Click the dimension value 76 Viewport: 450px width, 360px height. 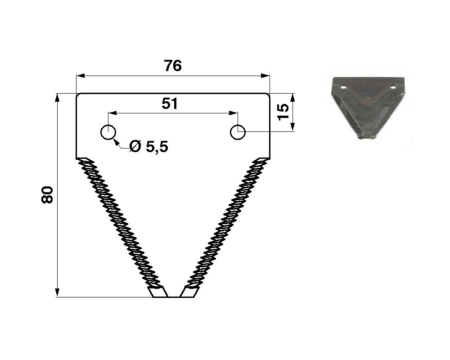click(173, 66)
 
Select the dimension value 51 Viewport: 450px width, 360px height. click(170, 103)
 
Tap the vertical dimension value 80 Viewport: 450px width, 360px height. click(48, 195)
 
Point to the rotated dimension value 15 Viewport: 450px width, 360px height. click(283, 112)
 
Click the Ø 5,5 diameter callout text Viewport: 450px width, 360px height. click(148, 147)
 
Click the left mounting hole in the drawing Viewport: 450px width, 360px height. click(108, 132)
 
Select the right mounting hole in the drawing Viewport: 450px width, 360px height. click(238, 132)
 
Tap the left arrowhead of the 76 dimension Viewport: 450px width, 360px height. click(81, 76)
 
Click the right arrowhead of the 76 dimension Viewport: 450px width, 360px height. click(265, 76)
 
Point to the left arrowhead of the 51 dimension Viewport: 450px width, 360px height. click(113, 113)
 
